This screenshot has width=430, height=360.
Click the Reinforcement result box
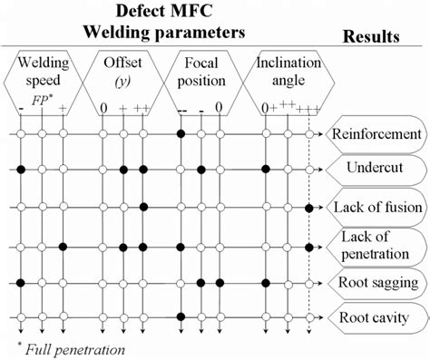376,134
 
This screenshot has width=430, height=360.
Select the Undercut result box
376,170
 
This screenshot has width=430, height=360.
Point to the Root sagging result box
376,282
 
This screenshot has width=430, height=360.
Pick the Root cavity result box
376,317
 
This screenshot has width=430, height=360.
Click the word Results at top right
372,37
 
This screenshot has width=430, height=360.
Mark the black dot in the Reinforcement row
181,134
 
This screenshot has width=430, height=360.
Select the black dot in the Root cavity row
181,317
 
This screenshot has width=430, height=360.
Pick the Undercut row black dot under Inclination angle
266,170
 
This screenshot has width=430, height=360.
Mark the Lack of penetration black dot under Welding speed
63,245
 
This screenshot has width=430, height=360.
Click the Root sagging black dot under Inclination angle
266,282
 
